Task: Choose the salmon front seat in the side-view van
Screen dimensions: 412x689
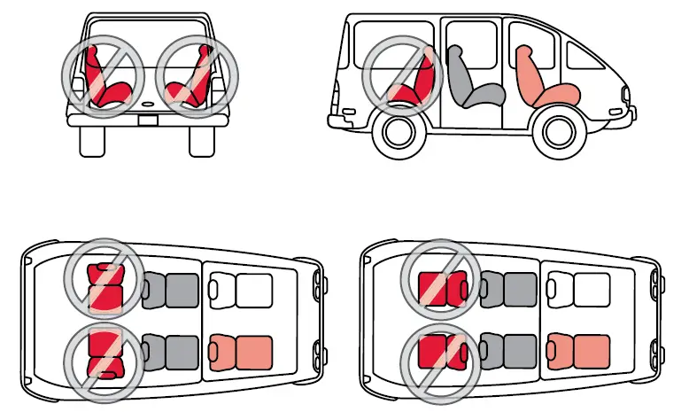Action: coord(544,79)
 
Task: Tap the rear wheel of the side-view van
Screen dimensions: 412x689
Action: coord(396,131)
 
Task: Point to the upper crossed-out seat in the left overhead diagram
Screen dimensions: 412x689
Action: coord(105,285)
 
